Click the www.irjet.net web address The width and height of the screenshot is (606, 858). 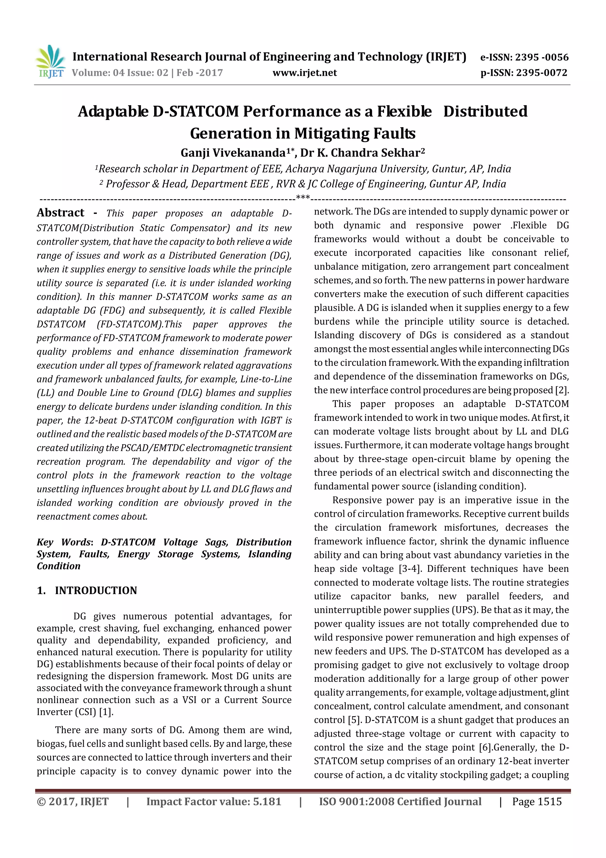(305, 73)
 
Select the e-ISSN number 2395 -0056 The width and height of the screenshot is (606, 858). (541, 57)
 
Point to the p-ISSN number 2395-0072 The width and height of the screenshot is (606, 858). (541, 73)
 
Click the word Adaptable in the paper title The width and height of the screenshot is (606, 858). (113, 111)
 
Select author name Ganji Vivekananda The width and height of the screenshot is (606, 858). (233, 153)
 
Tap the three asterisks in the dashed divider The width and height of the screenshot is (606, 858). (302, 197)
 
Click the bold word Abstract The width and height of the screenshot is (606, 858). (60, 213)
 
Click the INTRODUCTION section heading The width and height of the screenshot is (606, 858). (96, 591)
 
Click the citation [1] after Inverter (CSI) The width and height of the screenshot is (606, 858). (106, 712)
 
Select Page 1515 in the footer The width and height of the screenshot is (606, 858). (536, 801)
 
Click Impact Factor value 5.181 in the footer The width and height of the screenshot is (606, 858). (213, 801)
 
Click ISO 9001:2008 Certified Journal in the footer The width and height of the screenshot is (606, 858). (400, 801)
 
